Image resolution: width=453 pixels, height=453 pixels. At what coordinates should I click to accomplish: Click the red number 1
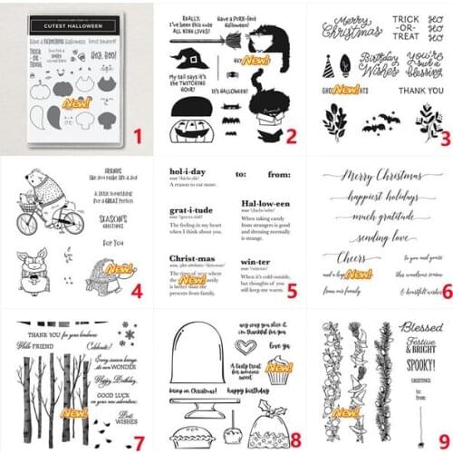coord(139,137)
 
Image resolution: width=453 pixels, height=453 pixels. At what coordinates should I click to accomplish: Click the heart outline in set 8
coord(245,346)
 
